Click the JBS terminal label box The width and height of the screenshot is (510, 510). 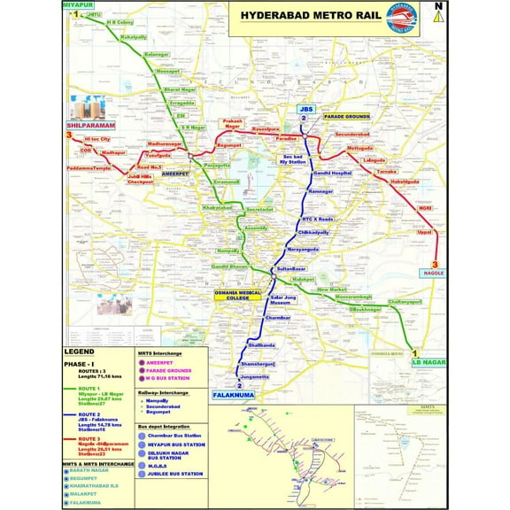(x=304, y=109)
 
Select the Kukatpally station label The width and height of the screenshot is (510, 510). (x=133, y=37)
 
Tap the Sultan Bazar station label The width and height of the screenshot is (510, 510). (x=291, y=267)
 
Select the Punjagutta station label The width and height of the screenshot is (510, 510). (x=217, y=166)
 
